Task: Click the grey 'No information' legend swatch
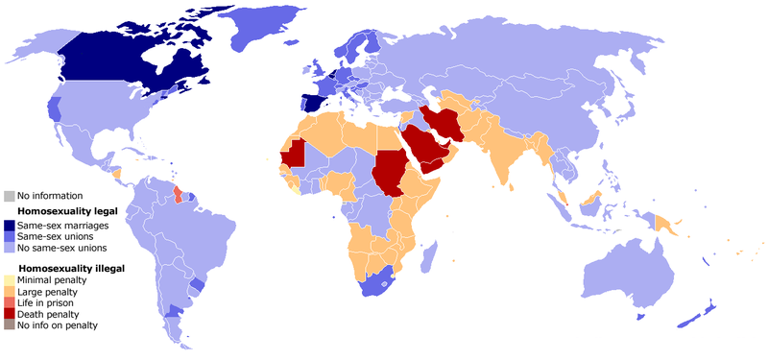point(10,196)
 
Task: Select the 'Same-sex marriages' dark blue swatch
point(10,225)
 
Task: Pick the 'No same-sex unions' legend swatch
point(10,248)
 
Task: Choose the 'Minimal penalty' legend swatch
point(10,279)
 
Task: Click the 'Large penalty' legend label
point(48,291)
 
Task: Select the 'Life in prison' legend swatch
point(10,302)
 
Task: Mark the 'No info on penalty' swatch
point(10,325)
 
